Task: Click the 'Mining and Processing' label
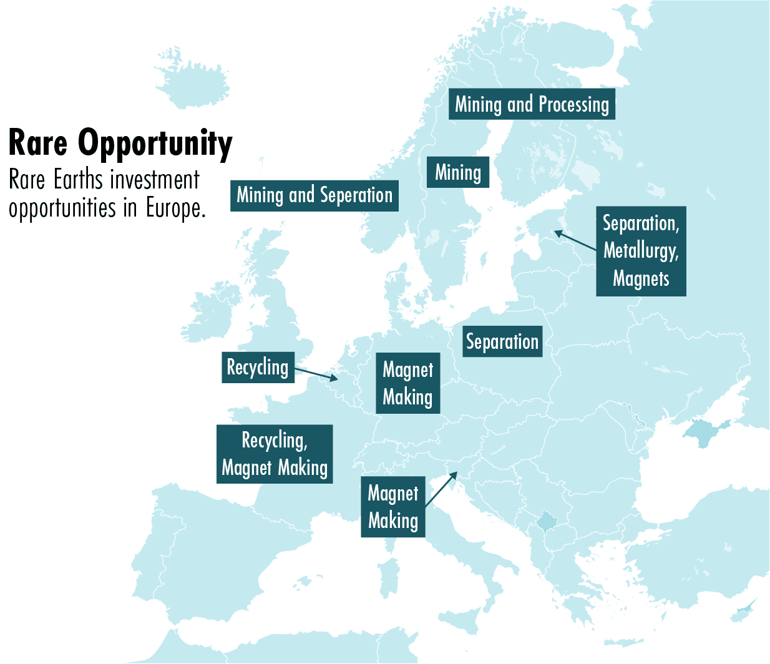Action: (532, 104)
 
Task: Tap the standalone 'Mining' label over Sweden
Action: (458, 172)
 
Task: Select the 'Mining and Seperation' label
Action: (314, 195)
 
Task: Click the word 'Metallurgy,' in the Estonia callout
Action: (641, 251)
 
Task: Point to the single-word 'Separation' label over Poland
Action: (502, 341)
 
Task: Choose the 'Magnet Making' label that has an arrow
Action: (393, 507)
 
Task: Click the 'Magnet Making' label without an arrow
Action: (407, 383)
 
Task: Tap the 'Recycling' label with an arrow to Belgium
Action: (258, 367)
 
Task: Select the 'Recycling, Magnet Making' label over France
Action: (275, 454)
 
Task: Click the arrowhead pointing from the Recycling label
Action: (334, 378)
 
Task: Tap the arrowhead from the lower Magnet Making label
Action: (454, 476)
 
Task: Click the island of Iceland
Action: (190, 81)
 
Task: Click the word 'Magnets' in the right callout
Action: (641, 278)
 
